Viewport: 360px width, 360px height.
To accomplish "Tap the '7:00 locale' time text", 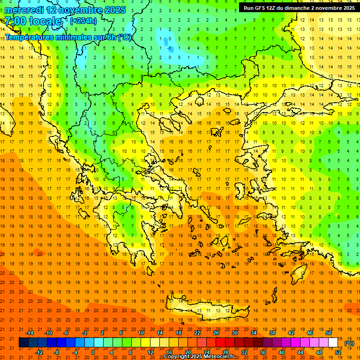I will (x=33, y=21).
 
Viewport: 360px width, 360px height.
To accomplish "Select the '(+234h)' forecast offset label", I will (x=83, y=21).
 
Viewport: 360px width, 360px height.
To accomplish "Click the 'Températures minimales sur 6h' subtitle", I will (x=68, y=37).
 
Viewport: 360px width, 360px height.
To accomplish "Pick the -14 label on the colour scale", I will (x=30, y=332).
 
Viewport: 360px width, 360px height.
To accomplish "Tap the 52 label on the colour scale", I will (x=338, y=352).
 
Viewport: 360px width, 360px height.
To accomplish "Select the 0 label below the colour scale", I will (x=93, y=352).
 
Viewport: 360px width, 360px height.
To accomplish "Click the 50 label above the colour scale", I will (x=329, y=332).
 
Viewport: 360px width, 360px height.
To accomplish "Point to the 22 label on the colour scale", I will (x=197, y=332).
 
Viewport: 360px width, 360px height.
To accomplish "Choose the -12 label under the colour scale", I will (x=39, y=352).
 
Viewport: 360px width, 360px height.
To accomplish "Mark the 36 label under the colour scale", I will (x=263, y=352).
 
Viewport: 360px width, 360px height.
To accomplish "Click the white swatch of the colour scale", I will (x=333, y=343).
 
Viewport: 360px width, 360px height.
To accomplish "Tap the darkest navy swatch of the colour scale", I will (x=23, y=343).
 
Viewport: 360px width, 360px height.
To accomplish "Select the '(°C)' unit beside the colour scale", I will (x=349, y=343).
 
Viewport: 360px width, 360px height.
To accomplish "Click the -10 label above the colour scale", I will (x=48, y=332).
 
